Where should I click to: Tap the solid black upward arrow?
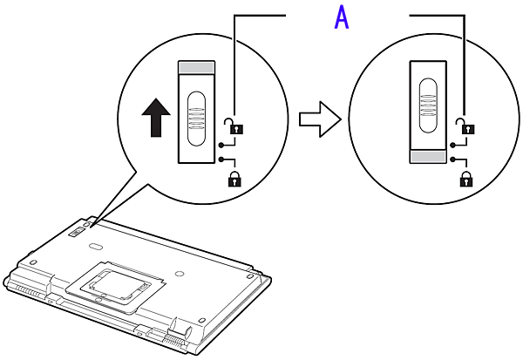point(156,117)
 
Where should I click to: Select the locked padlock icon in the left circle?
point(234,180)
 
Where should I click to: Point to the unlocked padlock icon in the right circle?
point(466,125)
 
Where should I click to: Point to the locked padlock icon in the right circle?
point(466,180)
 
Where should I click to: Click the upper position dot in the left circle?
point(222,144)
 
